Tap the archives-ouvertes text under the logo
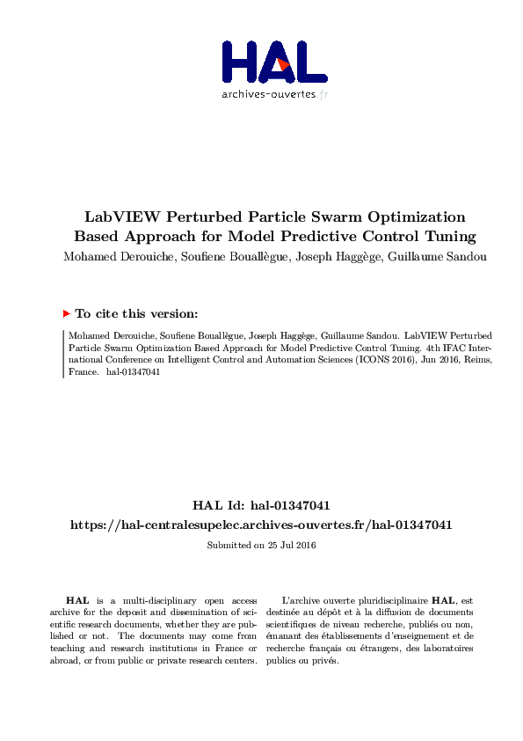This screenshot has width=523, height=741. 268,94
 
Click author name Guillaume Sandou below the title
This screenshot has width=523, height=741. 427,257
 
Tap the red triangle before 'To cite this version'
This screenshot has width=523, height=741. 66,313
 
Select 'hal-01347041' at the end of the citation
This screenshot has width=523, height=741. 134,372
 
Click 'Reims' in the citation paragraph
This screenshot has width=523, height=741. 474,360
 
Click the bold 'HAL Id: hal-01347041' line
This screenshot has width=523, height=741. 261,506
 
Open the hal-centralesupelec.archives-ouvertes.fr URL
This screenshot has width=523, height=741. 261,525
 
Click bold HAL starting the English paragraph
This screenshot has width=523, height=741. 76,599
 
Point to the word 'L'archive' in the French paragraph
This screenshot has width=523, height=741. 304,599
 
